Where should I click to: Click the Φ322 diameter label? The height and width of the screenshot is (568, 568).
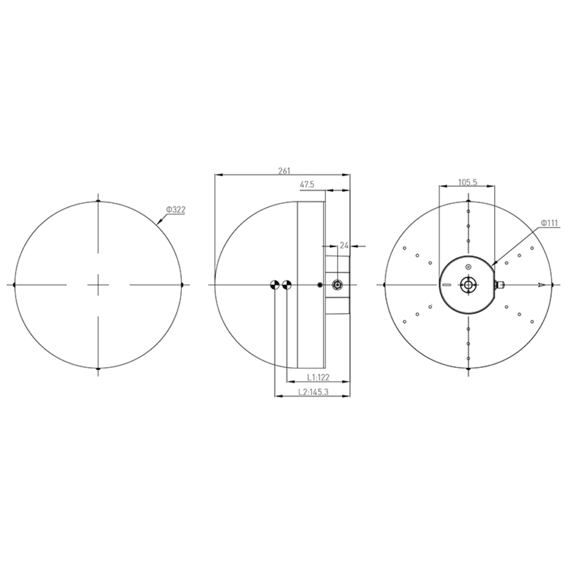176,210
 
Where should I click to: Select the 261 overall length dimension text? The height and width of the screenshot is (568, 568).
284,171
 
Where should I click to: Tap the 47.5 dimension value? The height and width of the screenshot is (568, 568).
307,185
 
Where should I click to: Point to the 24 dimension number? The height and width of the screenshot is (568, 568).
344,245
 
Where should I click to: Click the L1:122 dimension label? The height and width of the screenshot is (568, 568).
318,377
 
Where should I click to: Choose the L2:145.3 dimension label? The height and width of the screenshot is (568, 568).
313,392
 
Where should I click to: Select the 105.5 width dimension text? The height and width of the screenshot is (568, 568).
467,183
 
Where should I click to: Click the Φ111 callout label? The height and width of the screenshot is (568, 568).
550,223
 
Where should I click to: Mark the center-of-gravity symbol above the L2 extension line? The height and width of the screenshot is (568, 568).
275,285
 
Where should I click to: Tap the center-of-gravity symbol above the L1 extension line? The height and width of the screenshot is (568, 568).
287,285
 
